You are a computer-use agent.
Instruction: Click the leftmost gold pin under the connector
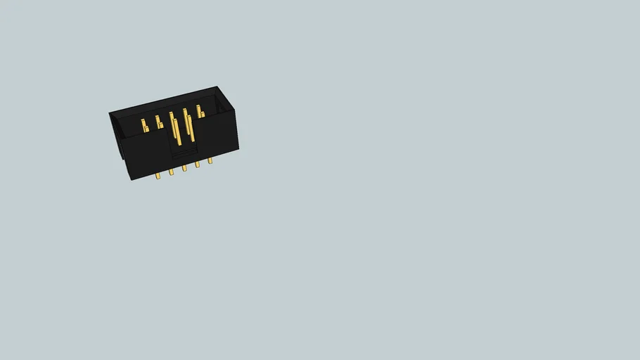click(x=158, y=176)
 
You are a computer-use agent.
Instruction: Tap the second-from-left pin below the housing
click(x=171, y=172)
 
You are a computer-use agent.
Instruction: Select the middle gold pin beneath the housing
click(x=184, y=168)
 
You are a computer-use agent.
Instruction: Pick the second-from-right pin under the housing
click(x=197, y=164)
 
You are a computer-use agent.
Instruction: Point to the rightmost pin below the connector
click(x=210, y=160)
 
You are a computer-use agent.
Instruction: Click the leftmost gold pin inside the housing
click(x=144, y=126)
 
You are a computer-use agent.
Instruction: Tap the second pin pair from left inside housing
click(x=159, y=122)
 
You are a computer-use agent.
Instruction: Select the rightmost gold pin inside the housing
click(x=200, y=112)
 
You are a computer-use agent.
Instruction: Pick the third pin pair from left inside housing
click(x=175, y=127)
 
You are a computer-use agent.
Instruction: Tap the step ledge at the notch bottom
click(x=184, y=152)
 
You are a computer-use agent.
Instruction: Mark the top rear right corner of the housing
click(x=217, y=87)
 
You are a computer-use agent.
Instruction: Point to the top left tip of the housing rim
click(x=110, y=113)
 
